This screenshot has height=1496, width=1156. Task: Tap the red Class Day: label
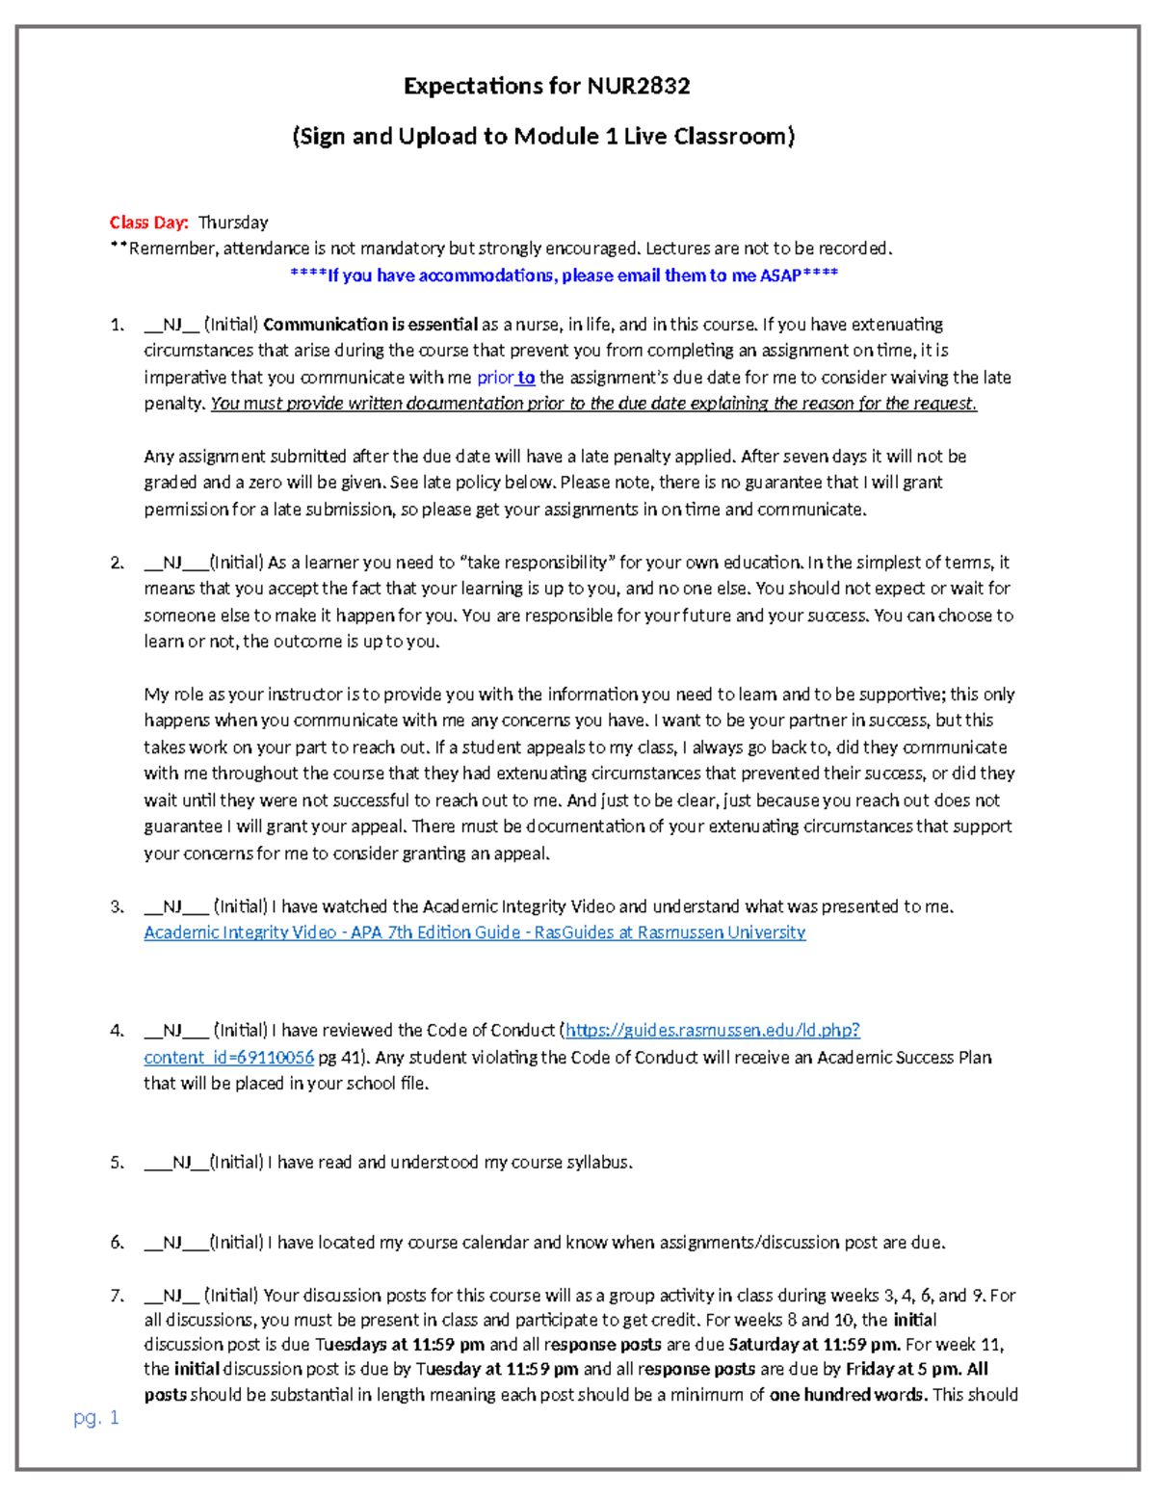pyautogui.click(x=148, y=223)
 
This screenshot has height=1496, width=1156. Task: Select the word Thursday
pyautogui.click(x=233, y=223)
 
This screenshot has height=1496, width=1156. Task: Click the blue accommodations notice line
pyautogui.click(x=564, y=276)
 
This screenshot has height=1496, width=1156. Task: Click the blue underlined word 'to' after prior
pyautogui.click(x=526, y=378)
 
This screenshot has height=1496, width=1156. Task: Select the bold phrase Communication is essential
pyautogui.click(x=371, y=325)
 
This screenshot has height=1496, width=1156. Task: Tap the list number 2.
pyautogui.click(x=117, y=563)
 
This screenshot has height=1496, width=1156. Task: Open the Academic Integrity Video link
pyautogui.click(x=474, y=932)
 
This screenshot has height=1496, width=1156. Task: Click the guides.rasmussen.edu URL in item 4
pyautogui.click(x=712, y=1031)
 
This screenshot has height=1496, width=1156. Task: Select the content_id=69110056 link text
pyautogui.click(x=229, y=1058)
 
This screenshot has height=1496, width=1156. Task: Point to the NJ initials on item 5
pyautogui.click(x=182, y=1163)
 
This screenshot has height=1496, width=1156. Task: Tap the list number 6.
pyautogui.click(x=117, y=1243)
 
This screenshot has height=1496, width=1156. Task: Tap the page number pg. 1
pyautogui.click(x=96, y=1418)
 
